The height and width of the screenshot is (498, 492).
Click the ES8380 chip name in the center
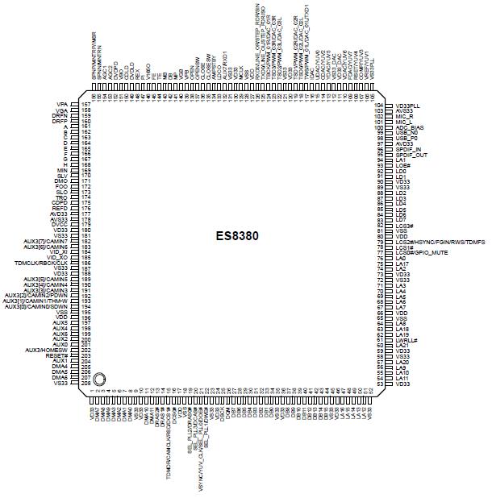pyautogui.click(x=241, y=239)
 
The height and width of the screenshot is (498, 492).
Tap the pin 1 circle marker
pyautogui.click(x=98, y=379)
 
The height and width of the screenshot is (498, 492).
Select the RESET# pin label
pyautogui.click(x=56, y=355)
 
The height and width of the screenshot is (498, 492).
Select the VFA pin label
pyautogui.click(x=62, y=106)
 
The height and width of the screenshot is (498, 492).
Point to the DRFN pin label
pyautogui.click(x=60, y=117)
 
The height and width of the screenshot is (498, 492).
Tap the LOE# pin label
pyautogui.click(x=405, y=166)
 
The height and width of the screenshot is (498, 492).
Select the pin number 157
pyautogui.click(x=85, y=106)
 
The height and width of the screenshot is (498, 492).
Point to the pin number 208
pyautogui.click(x=85, y=384)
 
